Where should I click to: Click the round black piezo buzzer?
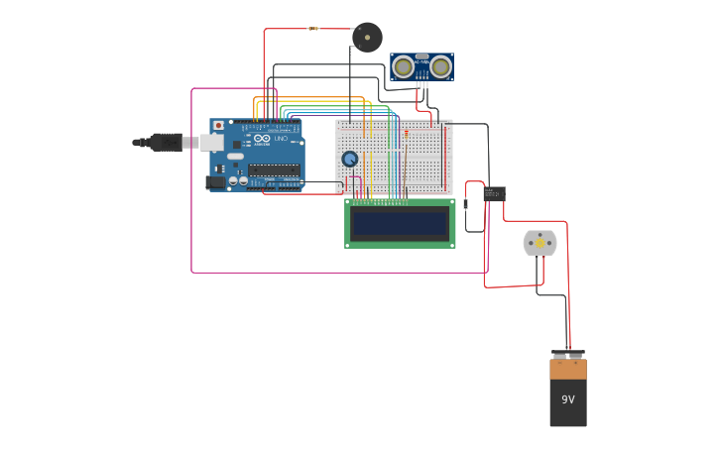pos(367,38)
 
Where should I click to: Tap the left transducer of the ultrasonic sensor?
pos(404,67)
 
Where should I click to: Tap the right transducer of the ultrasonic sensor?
pos(440,67)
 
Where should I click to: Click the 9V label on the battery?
pos(568,399)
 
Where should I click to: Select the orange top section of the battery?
pos(568,369)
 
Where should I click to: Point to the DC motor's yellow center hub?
pos(540,243)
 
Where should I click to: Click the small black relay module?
pos(494,194)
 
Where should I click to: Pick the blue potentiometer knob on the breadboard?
pos(349,159)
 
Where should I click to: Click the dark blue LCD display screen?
pos(400,223)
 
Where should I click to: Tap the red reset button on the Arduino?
pos(218,126)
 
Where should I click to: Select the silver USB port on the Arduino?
pos(211,143)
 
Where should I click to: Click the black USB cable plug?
pos(165,142)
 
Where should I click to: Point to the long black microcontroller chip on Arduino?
pos(274,170)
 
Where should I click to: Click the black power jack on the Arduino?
pos(214,182)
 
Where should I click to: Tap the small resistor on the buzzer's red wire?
pos(313,29)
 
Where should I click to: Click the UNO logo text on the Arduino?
pos(281,140)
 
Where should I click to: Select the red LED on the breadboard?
pos(406,133)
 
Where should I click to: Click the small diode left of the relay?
pos(465,203)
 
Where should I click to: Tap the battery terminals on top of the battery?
pos(568,354)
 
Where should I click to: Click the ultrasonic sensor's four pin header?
pos(422,85)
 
